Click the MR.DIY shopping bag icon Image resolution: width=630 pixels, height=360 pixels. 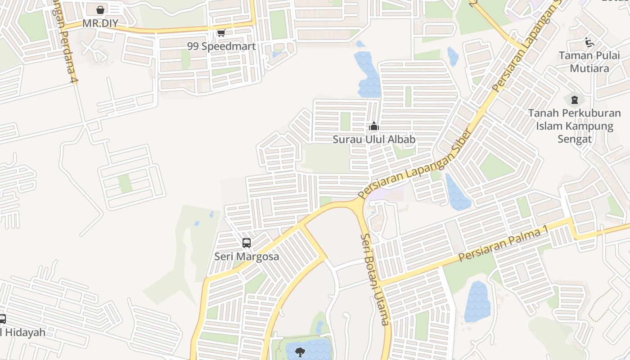(x=100, y=9)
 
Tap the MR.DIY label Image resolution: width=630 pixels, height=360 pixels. (x=100, y=23)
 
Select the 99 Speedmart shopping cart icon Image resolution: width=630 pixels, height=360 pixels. (x=221, y=33)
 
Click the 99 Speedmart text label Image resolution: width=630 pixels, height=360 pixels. (x=221, y=46)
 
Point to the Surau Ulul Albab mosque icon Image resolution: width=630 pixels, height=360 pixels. (x=373, y=127)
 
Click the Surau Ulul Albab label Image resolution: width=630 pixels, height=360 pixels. (x=374, y=139)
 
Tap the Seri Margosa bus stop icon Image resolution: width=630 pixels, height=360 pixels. (x=247, y=243)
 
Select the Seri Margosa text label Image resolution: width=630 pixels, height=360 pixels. (x=247, y=256)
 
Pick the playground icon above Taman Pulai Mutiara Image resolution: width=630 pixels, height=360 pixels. (x=589, y=42)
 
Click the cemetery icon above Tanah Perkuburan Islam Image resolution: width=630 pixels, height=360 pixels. (x=574, y=99)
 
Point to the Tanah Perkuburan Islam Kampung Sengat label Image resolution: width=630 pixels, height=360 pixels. (x=575, y=126)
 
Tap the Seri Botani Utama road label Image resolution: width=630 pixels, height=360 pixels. (x=375, y=279)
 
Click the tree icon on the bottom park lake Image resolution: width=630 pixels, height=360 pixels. (x=300, y=352)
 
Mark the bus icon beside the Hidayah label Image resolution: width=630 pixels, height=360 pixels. (x=2, y=319)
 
